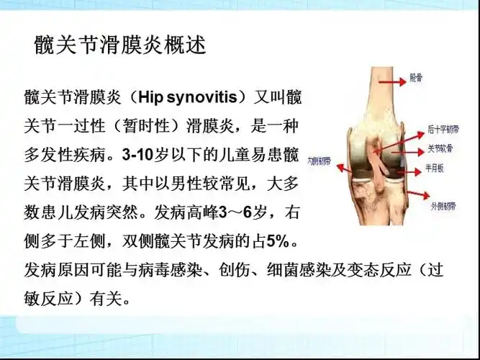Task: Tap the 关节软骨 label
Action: (439, 150)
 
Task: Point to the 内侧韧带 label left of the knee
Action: (320, 160)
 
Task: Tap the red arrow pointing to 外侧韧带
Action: (410, 201)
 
